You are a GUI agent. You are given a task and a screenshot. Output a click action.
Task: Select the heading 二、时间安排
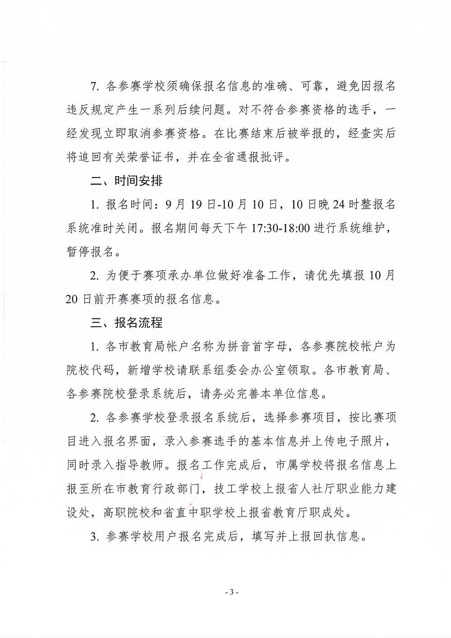click(126, 181)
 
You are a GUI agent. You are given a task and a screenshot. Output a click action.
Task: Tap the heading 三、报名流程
click(126, 323)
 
